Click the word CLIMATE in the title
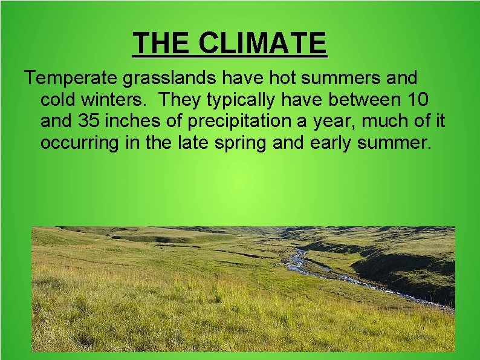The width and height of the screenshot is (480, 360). [x=262, y=43]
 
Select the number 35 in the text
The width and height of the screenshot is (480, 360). [x=90, y=121]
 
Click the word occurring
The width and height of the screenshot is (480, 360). [x=79, y=143]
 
